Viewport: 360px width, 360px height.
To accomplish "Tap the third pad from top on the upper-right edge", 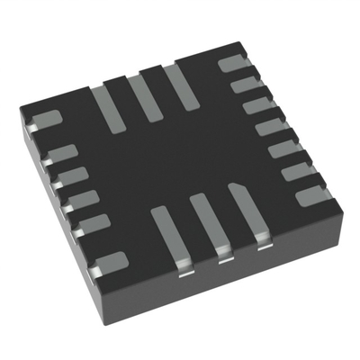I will coord(259,105).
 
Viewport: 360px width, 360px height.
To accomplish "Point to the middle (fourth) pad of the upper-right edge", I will coord(272,126).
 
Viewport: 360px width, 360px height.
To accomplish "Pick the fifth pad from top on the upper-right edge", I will coord(285,147).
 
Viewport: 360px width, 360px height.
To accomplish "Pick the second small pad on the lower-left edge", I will coord(72,175).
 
